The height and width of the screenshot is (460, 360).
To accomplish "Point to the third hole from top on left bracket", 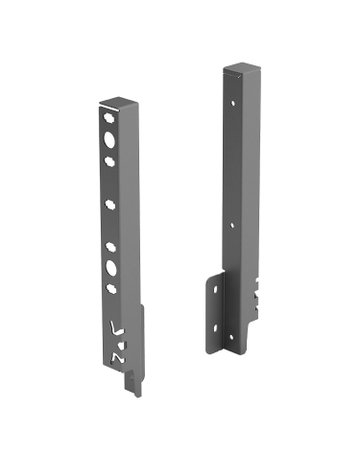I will [108, 158].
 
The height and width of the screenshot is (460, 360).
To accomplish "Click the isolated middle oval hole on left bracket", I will [111, 205].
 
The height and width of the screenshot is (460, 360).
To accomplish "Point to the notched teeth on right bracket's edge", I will [258, 295].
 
